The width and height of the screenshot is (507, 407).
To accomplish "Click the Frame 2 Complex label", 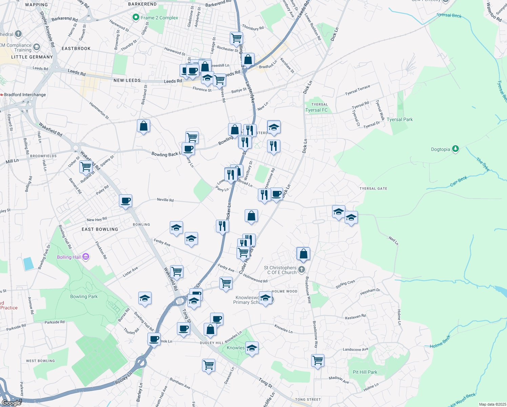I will [x=159, y=18].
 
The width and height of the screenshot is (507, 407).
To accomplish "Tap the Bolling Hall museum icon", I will [x=86, y=257].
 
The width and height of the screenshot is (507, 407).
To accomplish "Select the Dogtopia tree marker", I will [x=455, y=149].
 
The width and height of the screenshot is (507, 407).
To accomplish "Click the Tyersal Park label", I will [x=400, y=119].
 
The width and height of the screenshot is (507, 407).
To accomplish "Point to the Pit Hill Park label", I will [x=365, y=372].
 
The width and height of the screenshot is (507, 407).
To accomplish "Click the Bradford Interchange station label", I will [x=25, y=95].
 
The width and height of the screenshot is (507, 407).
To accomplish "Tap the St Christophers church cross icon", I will [x=302, y=270].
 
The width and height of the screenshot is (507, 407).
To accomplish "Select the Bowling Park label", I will [x=84, y=296].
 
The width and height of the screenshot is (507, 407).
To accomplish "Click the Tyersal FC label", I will [x=317, y=110].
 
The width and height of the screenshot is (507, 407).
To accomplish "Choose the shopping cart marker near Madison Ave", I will [x=318, y=360].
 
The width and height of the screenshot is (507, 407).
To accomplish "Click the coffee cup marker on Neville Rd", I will [x=125, y=201].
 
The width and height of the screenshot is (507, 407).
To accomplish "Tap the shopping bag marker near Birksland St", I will [x=144, y=126].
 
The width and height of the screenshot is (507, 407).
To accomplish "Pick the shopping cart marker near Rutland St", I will [x=86, y=167].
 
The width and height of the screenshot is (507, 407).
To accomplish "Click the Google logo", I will [x=11, y=403].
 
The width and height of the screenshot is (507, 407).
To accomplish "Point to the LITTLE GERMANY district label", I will [x=32, y=57].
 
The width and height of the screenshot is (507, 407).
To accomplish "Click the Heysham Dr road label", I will [x=370, y=291].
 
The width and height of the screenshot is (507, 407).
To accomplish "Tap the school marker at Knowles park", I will [x=252, y=348].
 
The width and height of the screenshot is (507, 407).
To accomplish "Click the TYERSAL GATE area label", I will [x=373, y=189].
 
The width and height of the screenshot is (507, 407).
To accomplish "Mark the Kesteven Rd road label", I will [x=355, y=317].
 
